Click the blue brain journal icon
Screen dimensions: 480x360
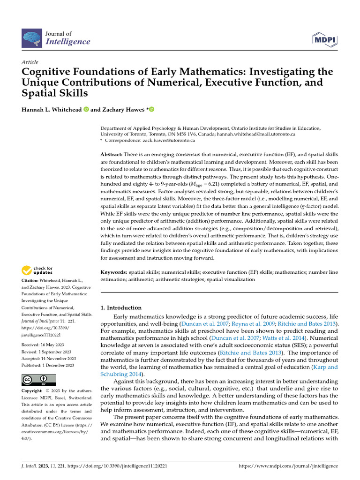tap(31, 37)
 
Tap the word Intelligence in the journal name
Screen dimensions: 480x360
tap(67, 42)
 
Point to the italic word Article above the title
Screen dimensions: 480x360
tap(30, 62)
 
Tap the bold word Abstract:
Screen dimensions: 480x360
tap(112, 155)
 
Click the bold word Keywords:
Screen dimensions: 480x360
tap(114, 272)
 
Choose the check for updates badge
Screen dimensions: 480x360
tap(37, 270)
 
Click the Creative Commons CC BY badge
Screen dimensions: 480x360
tap(38, 380)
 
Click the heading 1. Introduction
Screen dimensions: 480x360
tap(121, 308)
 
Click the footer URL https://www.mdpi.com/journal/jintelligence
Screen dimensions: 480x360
tap(288, 466)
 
